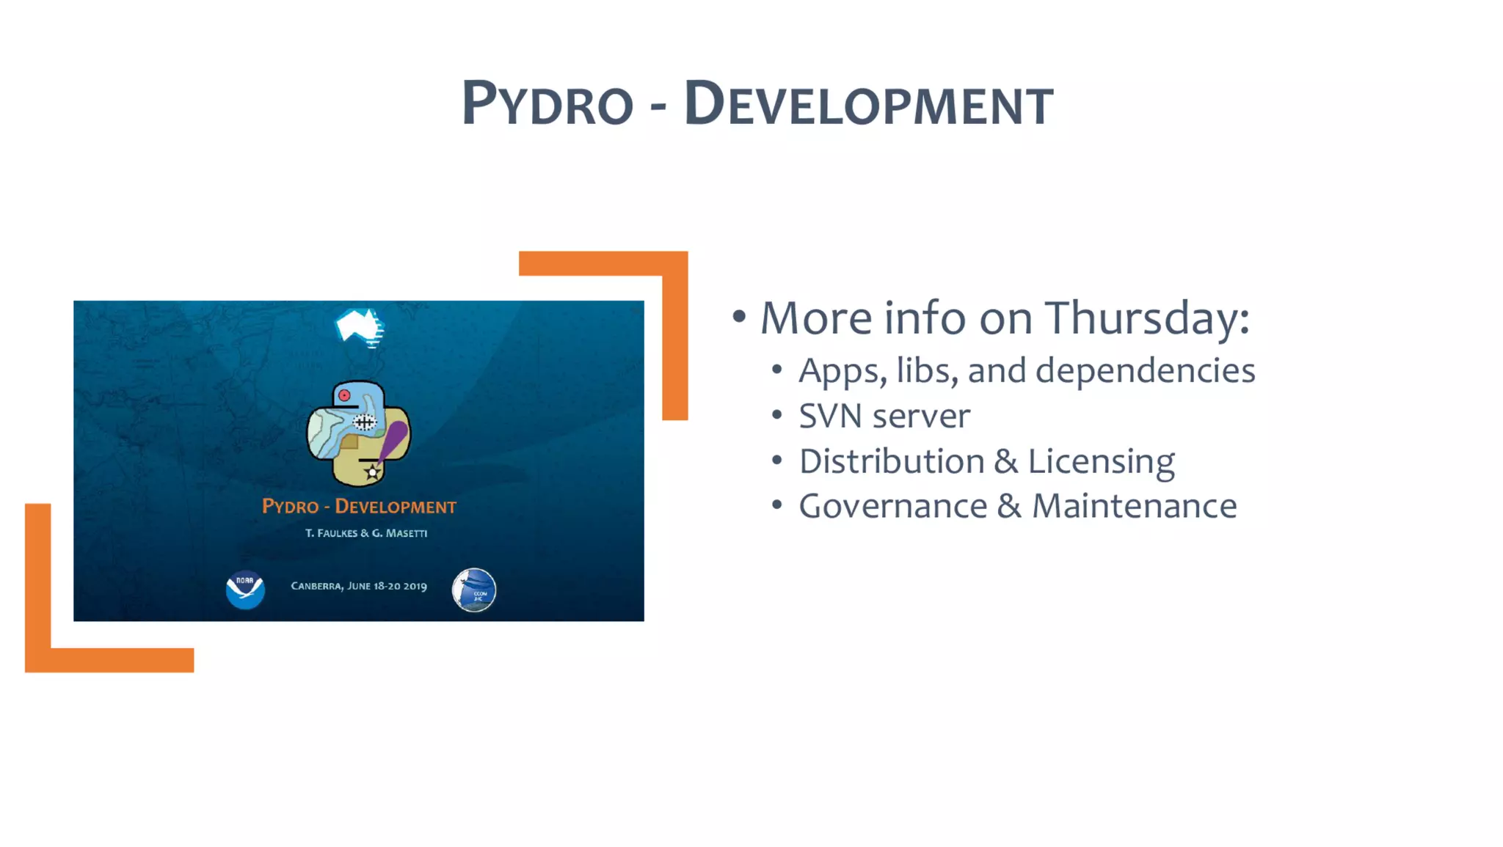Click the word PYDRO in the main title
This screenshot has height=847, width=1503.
tap(547, 104)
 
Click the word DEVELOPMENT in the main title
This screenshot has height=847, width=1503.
tap(868, 104)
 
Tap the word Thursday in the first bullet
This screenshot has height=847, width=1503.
tap(1146, 318)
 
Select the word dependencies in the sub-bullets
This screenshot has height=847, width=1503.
tap(1145, 371)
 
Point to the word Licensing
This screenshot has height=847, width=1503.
tap(1101, 462)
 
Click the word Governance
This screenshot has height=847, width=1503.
tap(892, 507)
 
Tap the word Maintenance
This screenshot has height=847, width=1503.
tap(1134, 507)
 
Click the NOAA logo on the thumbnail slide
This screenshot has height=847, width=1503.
tap(245, 590)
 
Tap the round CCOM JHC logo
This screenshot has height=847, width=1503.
tap(474, 590)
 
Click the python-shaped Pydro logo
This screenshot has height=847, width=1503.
tap(358, 433)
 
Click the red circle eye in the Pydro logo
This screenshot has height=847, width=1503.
tap(344, 395)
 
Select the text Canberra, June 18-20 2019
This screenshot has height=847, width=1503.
tap(359, 586)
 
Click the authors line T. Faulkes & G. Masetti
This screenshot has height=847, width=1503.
tap(366, 533)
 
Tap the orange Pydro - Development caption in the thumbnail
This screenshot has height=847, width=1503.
tap(359, 507)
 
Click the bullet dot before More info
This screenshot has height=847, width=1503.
tap(739, 317)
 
